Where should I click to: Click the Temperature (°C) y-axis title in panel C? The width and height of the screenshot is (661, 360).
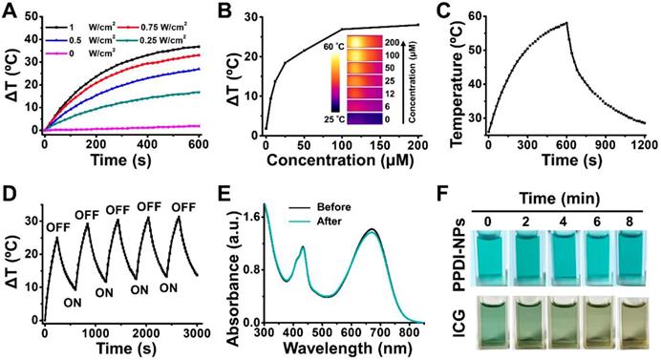click(457, 76)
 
